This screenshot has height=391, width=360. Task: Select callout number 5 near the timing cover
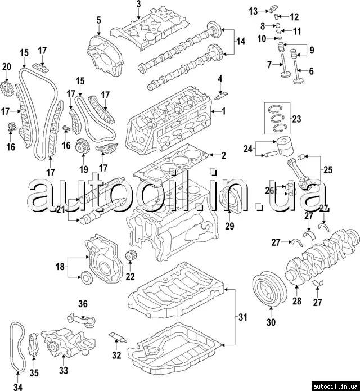pyautogui.click(x=98, y=21)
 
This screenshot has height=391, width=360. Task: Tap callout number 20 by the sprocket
pyautogui.click(x=7, y=67)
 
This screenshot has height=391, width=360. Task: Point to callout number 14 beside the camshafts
pyautogui.click(x=241, y=41)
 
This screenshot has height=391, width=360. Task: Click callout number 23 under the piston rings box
pyautogui.click(x=297, y=118)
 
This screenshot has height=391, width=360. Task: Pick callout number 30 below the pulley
pyautogui.click(x=271, y=323)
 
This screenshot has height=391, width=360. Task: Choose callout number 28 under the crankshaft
pyautogui.click(x=297, y=302)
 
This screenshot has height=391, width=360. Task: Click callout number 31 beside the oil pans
pyautogui.click(x=242, y=317)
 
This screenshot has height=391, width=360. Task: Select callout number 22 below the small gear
pyautogui.click(x=130, y=276)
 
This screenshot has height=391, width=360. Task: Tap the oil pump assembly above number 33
pyautogui.click(x=65, y=341)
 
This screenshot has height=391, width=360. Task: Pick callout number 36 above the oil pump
pyautogui.click(x=83, y=304)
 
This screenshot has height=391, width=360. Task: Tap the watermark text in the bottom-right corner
pyautogui.click(x=336, y=386)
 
